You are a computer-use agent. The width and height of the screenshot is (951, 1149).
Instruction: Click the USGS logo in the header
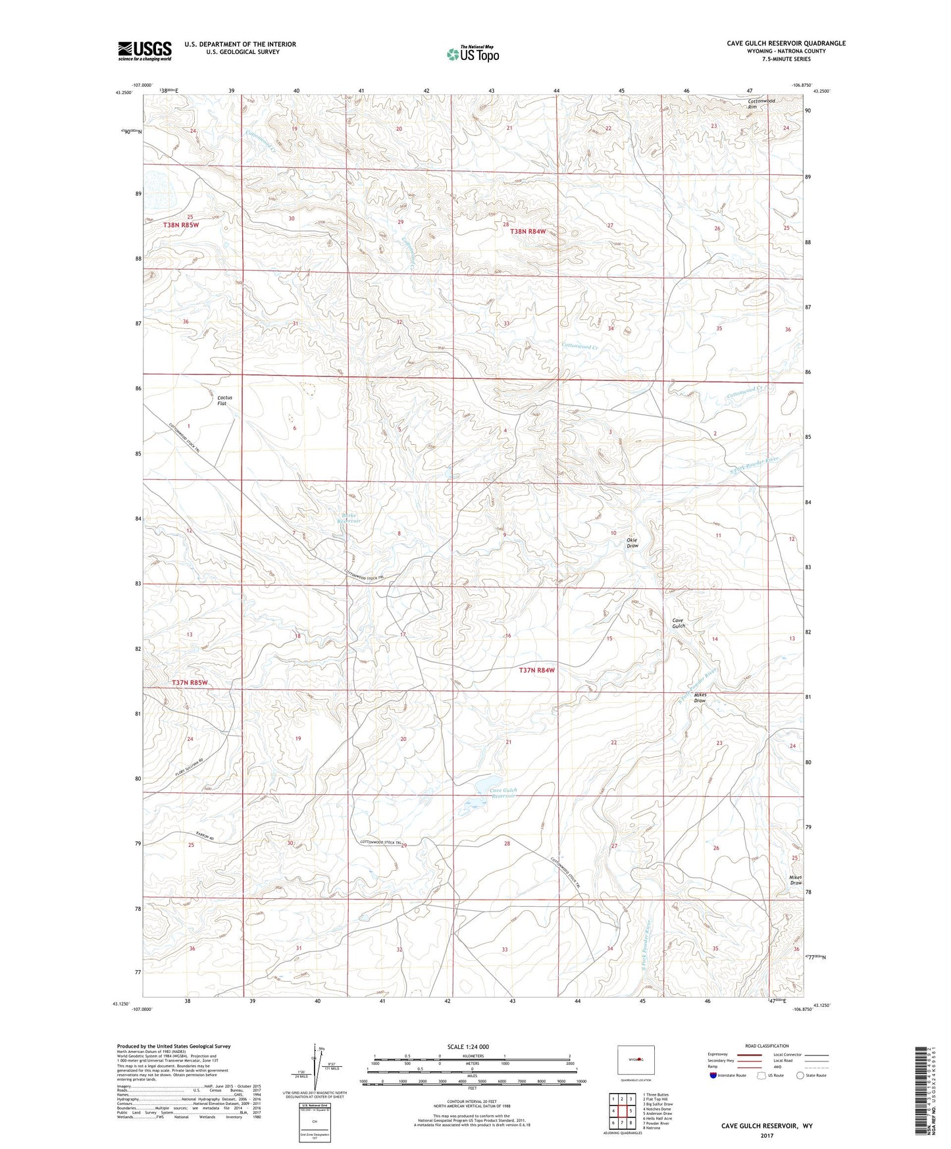click(145, 51)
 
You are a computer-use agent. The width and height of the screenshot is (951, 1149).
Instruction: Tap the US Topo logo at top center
click(473, 54)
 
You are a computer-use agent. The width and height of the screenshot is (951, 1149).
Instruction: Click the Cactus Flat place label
click(225, 400)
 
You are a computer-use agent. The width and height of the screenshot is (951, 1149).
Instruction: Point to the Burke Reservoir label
click(349, 518)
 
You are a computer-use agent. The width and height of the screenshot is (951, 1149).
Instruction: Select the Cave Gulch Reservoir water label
click(504, 792)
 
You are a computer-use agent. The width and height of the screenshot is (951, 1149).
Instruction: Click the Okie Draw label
click(632, 543)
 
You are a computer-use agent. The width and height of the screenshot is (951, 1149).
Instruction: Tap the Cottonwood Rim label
click(761, 104)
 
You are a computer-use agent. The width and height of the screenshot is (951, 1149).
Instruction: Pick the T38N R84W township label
click(528, 232)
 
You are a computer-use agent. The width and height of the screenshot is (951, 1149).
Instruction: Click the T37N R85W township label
click(190, 682)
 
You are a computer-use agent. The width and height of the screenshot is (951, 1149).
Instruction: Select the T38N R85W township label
click(181, 225)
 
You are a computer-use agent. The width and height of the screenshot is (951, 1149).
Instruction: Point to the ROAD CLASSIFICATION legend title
click(767, 1046)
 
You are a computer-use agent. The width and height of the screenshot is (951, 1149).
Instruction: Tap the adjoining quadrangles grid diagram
click(621, 1111)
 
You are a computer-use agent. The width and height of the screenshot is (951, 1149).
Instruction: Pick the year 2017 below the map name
click(767, 1135)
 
